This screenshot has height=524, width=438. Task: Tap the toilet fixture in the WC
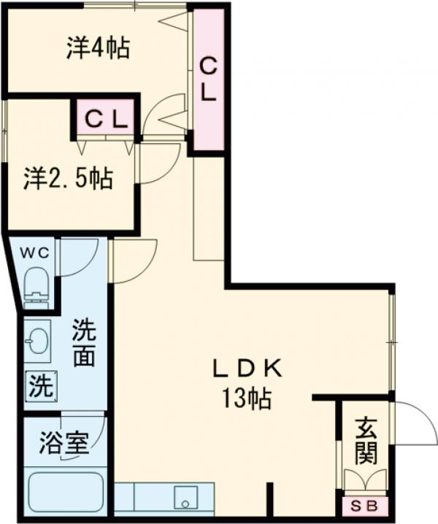coord(35,284)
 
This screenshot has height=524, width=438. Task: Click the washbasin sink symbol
coord(37,340)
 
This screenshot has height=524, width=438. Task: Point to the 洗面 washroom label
coord(83,347)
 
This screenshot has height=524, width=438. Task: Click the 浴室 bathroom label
coord(64,444)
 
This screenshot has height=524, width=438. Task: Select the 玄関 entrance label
coord(366,441)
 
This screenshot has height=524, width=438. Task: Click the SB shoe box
coord(366,506)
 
